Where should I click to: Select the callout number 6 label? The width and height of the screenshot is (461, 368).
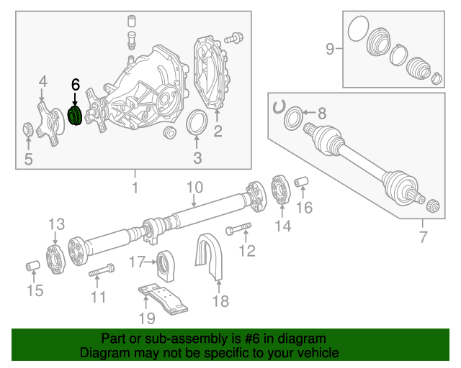pyautogui.click(x=75, y=85)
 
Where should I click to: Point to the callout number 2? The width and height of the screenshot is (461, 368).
pyautogui.click(x=217, y=132)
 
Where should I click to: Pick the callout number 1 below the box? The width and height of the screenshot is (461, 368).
pyautogui.click(x=133, y=188)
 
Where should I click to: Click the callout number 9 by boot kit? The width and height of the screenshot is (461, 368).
pyautogui.click(x=330, y=49)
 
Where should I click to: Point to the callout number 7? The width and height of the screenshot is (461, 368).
pyautogui.click(x=423, y=238)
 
